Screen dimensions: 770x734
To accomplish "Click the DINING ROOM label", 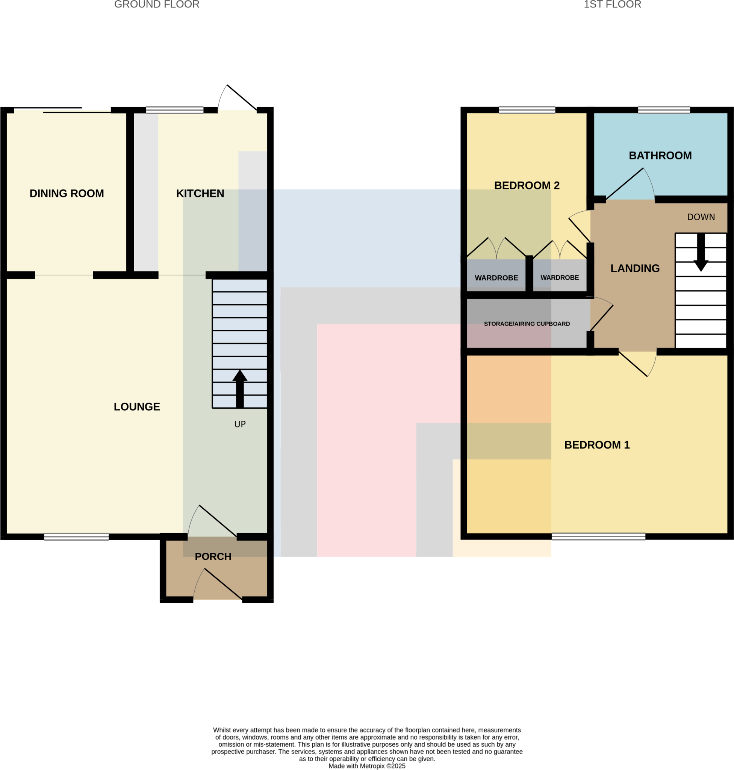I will (x=67, y=193).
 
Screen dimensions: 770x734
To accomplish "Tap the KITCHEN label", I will (x=200, y=193).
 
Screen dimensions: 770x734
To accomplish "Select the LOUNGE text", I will (x=137, y=407).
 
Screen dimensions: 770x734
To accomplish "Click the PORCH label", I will (x=213, y=556).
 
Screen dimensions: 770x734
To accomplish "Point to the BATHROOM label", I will (x=660, y=155).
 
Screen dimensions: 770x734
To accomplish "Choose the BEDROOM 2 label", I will (x=527, y=185).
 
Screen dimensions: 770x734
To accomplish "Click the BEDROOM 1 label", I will (x=597, y=445).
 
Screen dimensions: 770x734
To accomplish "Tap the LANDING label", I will (x=635, y=268).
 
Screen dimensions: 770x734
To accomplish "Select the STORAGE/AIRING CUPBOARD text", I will (x=527, y=324).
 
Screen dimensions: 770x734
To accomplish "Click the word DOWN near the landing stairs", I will (x=701, y=217).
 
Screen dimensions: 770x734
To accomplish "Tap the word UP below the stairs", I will (x=240, y=424).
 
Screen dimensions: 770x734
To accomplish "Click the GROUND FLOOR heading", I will (x=156, y=4).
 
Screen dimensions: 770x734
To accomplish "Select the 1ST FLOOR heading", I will (x=612, y=4).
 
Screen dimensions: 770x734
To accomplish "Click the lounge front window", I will (x=76, y=537).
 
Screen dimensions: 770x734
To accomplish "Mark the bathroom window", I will (x=664, y=110).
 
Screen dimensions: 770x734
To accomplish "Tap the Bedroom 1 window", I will (x=598, y=536).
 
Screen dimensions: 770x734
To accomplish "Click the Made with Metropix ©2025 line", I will (x=366, y=766).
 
